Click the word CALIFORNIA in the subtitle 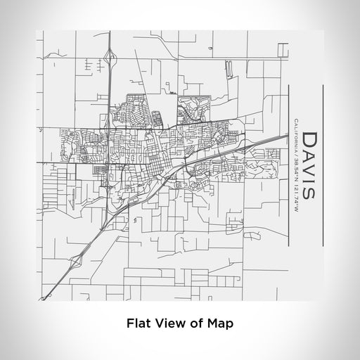[x=297, y=138]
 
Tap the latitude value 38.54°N [x=297, y=168]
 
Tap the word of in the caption [x=191, y=324]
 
